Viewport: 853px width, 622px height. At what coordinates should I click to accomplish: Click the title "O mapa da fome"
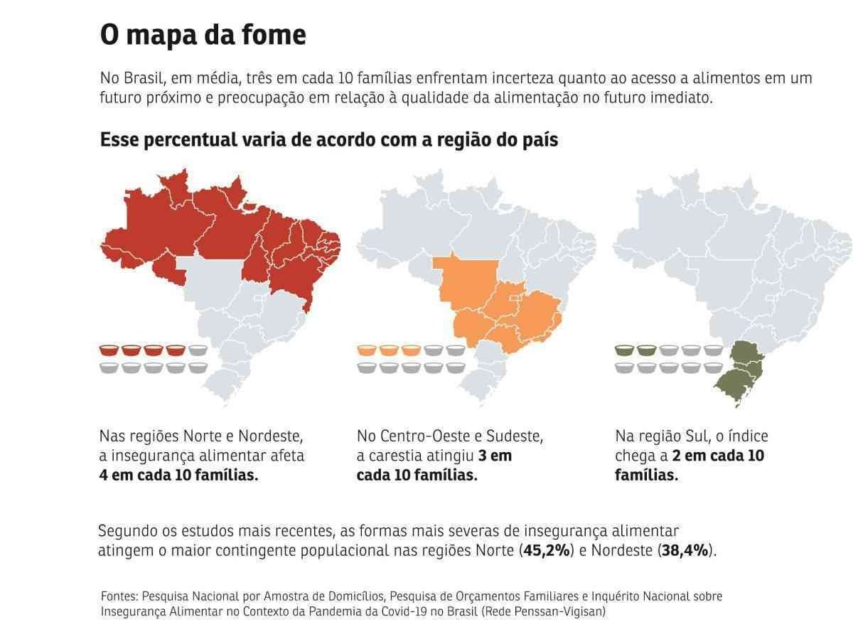click(x=203, y=35)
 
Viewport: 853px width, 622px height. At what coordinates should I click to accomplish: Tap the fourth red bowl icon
click(x=176, y=350)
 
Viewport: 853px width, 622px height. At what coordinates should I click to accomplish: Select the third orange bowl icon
click(x=411, y=350)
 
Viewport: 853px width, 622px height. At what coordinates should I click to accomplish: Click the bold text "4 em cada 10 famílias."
click(x=178, y=475)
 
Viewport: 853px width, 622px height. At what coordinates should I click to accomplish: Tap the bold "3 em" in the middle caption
click(x=495, y=456)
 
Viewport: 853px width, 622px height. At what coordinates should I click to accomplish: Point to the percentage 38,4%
click(x=686, y=550)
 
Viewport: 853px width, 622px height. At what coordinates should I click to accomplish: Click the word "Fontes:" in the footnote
click(x=119, y=596)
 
